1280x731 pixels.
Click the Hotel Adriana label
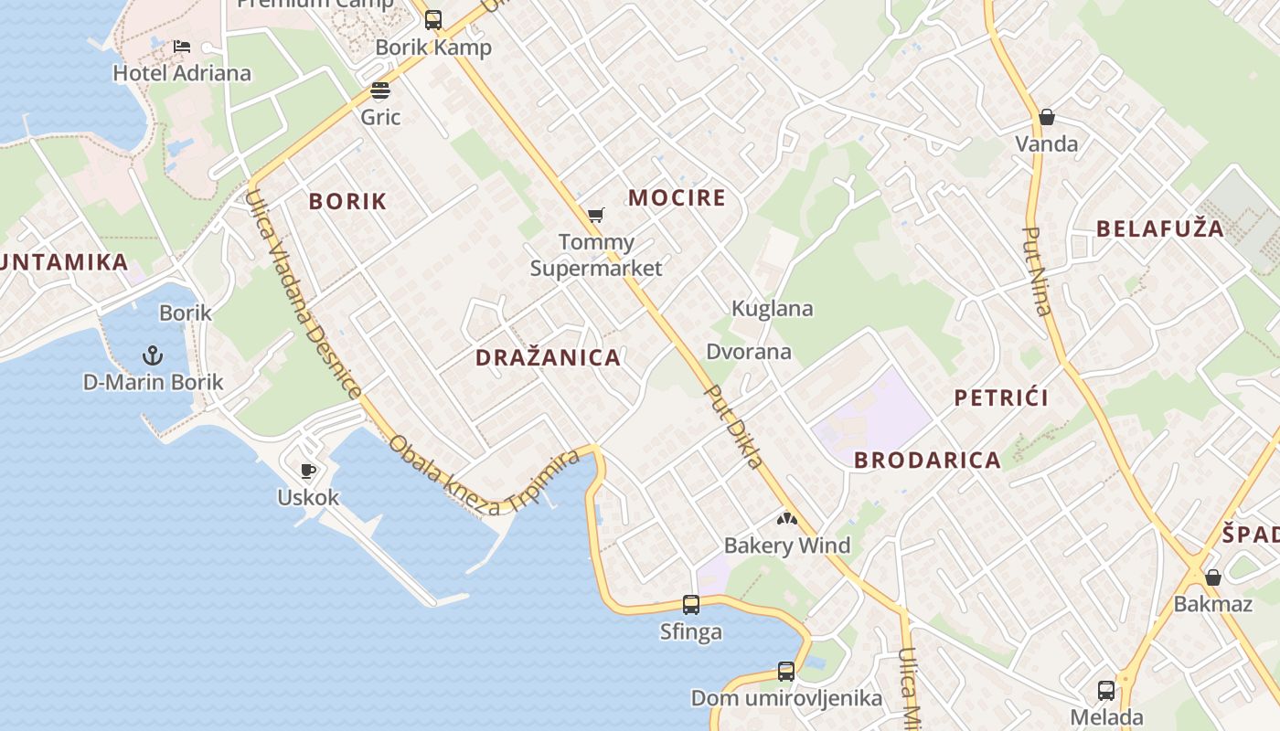(x=182, y=73)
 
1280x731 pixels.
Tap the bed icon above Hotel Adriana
(x=182, y=47)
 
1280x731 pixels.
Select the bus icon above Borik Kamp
(x=433, y=20)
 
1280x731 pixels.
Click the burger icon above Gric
(x=380, y=90)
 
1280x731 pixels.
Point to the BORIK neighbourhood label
(x=347, y=202)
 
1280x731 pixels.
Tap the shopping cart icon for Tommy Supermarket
(x=596, y=216)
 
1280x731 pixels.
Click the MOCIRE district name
(x=677, y=198)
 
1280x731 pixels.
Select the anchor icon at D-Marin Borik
(x=153, y=355)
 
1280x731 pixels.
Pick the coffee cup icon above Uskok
(x=308, y=471)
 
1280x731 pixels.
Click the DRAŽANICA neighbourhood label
(x=548, y=358)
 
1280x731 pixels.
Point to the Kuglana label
(x=773, y=309)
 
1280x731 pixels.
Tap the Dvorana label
(x=749, y=352)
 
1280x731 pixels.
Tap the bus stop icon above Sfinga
(x=691, y=605)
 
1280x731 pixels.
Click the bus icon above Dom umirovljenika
(x=786, y=672)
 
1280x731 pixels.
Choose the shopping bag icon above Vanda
(x=1047, y=117)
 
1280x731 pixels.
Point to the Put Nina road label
(x=1037, y=270)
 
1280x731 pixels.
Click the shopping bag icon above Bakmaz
(x=1213, y=577)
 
